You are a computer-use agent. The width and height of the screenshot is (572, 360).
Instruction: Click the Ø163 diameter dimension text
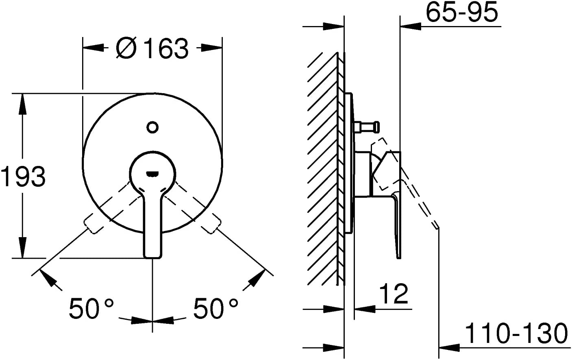(152, 48)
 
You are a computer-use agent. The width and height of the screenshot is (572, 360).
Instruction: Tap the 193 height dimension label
(23, 176)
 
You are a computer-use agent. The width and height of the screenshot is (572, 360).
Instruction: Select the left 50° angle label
(91, 308)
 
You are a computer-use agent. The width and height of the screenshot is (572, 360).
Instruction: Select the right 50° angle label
(215, 308)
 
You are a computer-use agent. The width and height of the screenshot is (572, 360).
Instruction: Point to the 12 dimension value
(394, 293)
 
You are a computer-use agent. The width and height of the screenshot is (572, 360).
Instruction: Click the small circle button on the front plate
(152, 127)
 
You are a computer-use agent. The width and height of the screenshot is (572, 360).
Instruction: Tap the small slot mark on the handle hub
(152, 174)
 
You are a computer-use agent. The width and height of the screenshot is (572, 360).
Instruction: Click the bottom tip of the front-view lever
(152, 257)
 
